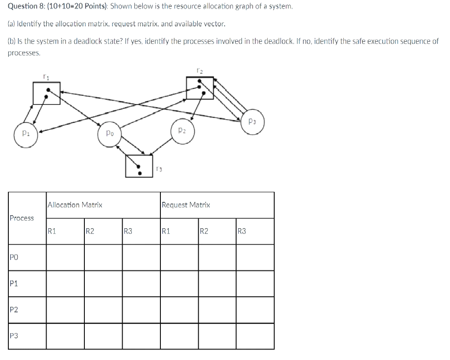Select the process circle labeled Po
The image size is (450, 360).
point(110,133)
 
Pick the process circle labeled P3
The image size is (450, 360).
point(251,121)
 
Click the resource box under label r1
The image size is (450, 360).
point(47,93)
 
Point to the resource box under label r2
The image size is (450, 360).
point(200,88)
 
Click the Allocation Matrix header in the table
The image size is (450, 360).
point(75,205)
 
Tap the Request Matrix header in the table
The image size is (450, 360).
point(186,205)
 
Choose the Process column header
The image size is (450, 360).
point(22,218)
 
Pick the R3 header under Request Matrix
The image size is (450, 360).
point(243,231)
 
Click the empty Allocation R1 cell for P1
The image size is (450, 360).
point(65,284)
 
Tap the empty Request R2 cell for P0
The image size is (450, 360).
point(217,257)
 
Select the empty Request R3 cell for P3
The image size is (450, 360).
point(255,336)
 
